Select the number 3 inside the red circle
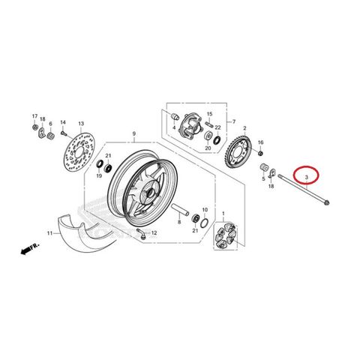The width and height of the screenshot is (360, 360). click(x=306, y=177)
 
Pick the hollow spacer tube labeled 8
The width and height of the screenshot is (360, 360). click(x=180, y=209)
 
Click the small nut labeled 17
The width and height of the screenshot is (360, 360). click(x=35, y=127)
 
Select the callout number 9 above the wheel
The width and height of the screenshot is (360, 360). click(x=134, y=134)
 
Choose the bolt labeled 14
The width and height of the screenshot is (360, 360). click(x=64, y=133)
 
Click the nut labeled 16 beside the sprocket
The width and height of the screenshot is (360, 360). click(x=260, y=153)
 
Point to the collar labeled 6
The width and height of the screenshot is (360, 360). click(x=51, y=136)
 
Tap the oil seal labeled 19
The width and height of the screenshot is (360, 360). click(x=100, y=163)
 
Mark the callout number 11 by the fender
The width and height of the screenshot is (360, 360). click(x=49, y=233)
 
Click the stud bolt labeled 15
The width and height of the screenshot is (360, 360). click(x=209, y=124)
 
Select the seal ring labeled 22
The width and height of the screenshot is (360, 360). click(x=217, y=140)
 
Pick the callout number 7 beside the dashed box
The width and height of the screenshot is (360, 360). click(x=234, y=121)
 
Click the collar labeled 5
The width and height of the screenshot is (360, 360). click(x=264, y=167)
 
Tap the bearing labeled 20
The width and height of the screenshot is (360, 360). click(x=208, y=136)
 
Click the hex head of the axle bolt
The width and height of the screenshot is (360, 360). click(x=326, y=202)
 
